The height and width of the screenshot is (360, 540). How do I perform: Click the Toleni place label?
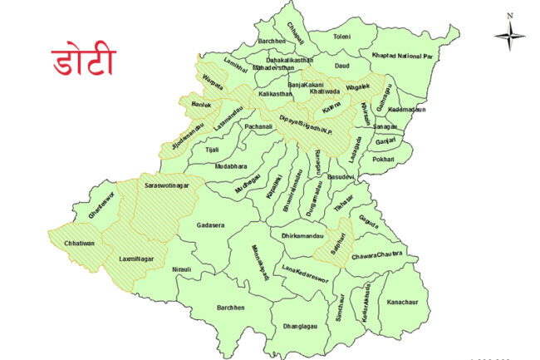343,37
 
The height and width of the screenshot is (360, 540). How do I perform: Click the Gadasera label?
213,225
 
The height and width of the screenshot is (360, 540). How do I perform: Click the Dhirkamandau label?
302,236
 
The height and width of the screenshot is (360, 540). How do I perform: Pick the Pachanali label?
258,126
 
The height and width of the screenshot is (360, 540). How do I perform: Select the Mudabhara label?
231,166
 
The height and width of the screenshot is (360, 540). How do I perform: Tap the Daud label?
341,65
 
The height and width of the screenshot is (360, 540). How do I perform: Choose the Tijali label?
212,150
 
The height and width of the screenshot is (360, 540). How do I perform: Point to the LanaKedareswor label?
306,270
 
